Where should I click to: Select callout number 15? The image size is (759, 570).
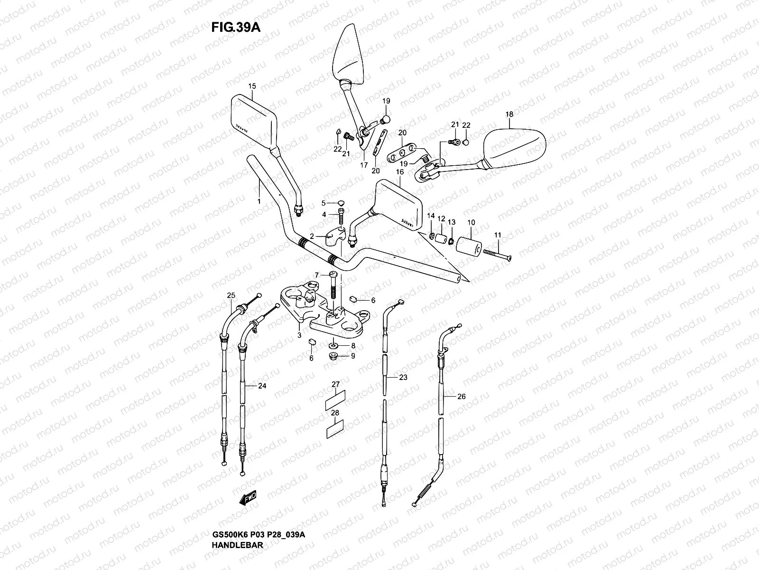[252, 86]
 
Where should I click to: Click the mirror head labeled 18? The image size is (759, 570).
[515, 143]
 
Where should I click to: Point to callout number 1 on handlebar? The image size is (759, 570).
[259, 201]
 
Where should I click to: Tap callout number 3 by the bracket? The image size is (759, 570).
[299, 335]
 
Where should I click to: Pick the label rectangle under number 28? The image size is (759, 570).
[335, 429]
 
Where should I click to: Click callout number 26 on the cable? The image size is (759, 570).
[462, 396]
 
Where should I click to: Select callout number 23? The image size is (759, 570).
[403, 378]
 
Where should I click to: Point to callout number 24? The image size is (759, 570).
[262, 386]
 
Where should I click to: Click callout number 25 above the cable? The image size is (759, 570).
[231, 296]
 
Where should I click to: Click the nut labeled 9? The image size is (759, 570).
[333, 356]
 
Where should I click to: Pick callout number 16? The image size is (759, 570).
[400, 172]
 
